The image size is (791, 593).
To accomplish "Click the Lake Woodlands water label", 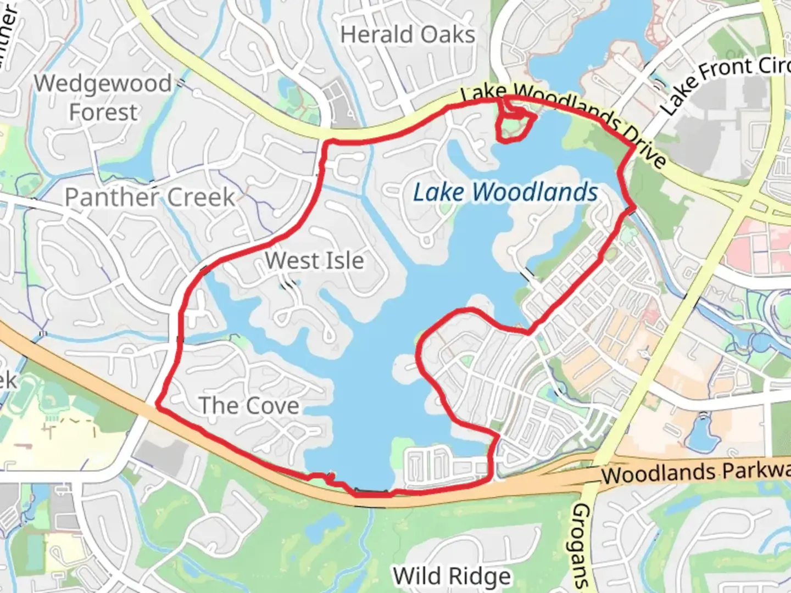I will click(x=505, y=193).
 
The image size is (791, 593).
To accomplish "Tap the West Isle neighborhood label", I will click(x=314, y=261).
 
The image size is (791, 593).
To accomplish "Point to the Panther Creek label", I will click(x=149, y=197).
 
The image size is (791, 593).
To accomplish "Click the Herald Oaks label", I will click(x=407, y=35).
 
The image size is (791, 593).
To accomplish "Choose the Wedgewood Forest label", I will click(x=103, y=98).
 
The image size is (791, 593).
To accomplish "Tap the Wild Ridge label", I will click(x=452, y=577).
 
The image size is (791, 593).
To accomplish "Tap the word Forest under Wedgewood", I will click(x=103, y=113).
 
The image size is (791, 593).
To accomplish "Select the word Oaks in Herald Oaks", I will click(x=454, y=35).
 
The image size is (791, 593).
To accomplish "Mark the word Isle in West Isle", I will click(x=343, y=261).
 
